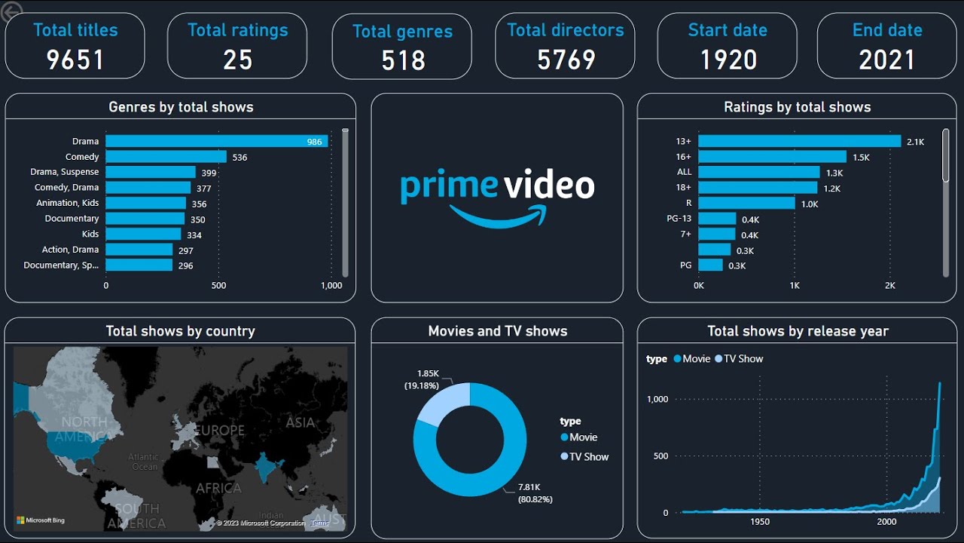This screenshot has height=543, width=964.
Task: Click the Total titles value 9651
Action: (75, 60)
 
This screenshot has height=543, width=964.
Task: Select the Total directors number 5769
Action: (566, 60)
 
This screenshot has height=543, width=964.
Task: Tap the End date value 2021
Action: (886, 60)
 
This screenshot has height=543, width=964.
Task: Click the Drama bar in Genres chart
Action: (216, 141)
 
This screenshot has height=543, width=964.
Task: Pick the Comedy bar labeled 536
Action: (166, 157)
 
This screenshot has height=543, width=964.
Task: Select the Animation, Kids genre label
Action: (67, 203)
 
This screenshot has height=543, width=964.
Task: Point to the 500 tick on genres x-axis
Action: (218, 286)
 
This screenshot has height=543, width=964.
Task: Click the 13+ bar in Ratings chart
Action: (799, 141)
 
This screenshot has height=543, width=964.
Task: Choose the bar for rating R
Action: (746, 203)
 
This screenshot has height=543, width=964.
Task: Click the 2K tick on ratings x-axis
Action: (890, 286)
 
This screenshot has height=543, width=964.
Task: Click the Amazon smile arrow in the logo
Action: (497, 216)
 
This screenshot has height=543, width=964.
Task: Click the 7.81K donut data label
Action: (528, 487)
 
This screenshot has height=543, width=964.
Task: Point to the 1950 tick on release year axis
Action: (760, 522)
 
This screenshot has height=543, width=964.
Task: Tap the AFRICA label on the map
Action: (218, 488)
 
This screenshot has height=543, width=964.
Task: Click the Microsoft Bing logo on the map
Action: (41, 520)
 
